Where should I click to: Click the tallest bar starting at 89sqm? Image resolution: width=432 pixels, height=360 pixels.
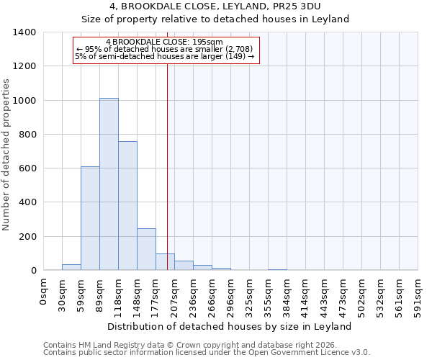(x=109, y=184)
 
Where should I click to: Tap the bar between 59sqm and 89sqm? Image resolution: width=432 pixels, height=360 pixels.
(x=90, y=218)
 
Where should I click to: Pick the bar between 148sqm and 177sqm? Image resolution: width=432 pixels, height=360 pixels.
(x=146, y=249)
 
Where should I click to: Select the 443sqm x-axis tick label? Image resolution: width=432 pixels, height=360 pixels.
(x=325, y=294)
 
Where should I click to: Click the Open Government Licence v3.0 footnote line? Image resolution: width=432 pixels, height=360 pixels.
(x=206, y=352)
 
